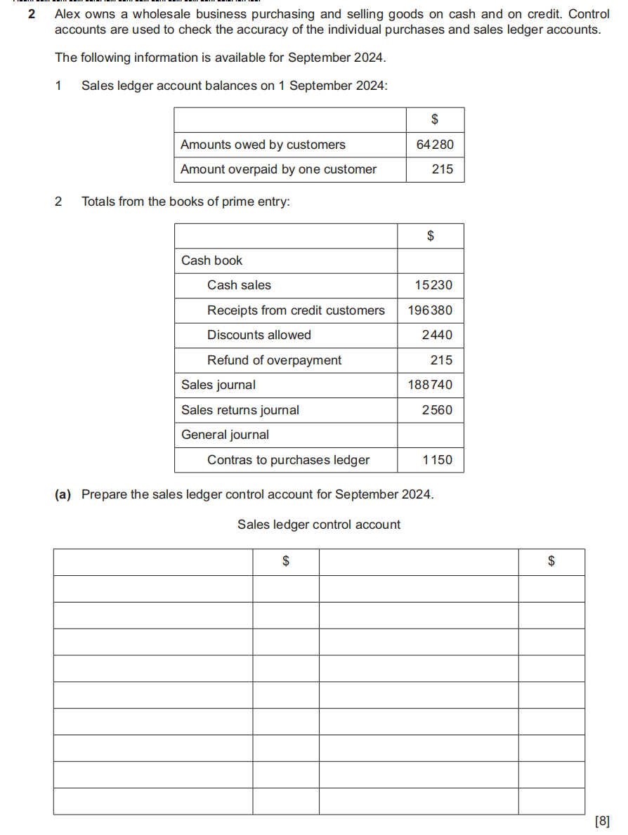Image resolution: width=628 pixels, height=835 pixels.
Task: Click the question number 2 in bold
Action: (32, 14)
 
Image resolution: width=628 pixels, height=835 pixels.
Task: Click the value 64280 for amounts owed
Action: (435, 145)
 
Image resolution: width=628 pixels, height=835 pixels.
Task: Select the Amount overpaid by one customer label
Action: (278, 169)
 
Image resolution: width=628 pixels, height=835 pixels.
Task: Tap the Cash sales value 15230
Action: (433, 285)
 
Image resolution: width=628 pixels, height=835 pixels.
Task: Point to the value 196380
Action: (430, 310)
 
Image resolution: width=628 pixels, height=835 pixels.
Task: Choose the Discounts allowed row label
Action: (259, 335)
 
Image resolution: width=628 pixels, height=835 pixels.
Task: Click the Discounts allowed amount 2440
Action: (437, 335)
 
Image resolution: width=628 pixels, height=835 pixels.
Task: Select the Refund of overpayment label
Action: (274, 360)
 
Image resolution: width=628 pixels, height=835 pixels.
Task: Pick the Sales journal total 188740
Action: (430, 385)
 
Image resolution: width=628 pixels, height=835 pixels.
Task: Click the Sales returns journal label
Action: (240, 410)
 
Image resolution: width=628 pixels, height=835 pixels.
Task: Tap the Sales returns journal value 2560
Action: (437, 410)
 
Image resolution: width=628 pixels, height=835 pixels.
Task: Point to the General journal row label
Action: (225, 435)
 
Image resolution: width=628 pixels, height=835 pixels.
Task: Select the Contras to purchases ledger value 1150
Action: (437, 460)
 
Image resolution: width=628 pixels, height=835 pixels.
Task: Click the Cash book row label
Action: (211, 261)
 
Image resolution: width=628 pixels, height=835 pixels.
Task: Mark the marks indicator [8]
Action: (602, 820)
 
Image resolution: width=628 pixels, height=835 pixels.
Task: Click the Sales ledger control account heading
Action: (319, 525)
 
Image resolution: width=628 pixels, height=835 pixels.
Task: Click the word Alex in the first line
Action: (68, 14)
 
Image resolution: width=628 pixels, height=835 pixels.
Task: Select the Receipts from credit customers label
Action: (296, 310)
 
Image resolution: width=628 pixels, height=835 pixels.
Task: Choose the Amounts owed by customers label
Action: (263, 145)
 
